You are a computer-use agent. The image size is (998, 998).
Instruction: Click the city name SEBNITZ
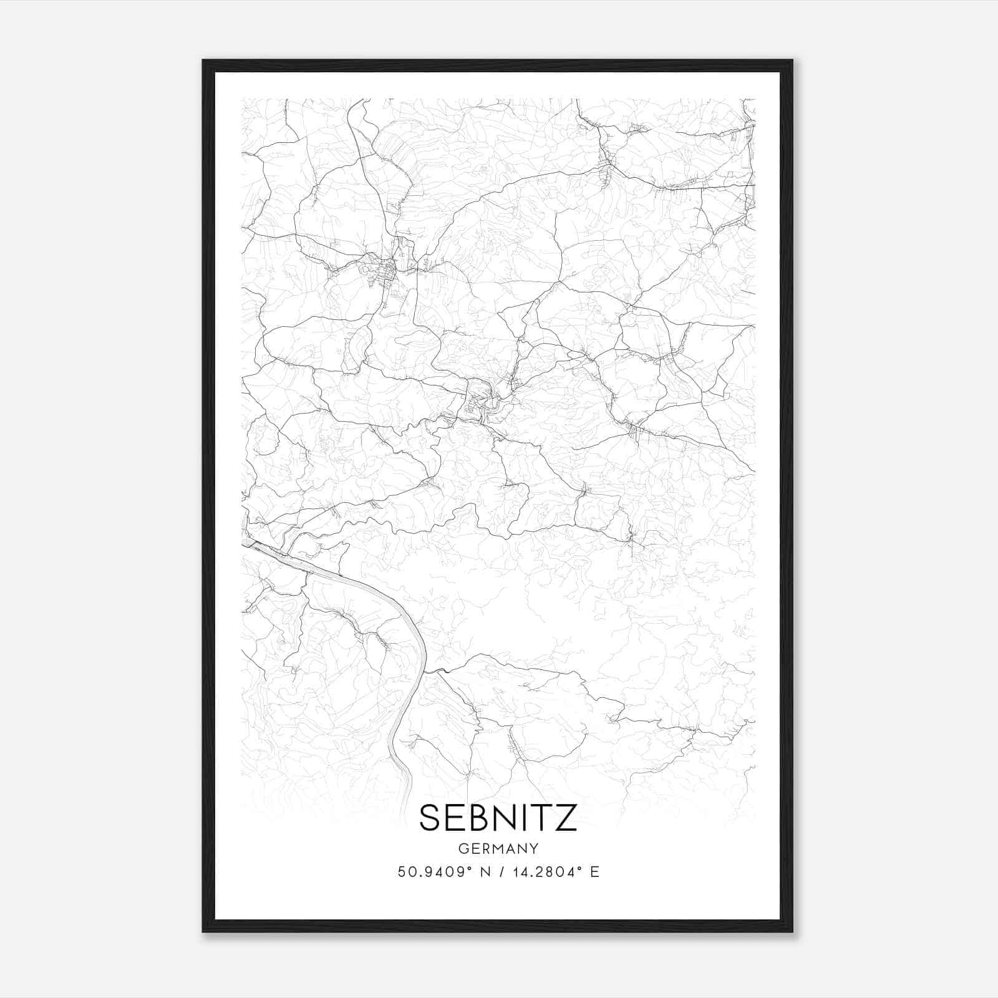tap(498, 818)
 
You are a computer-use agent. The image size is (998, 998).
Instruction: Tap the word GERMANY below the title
tap(498, 849)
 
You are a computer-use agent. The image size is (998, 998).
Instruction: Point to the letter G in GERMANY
tap(463, 849)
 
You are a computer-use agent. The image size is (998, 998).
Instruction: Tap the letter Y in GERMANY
tap(534, 849)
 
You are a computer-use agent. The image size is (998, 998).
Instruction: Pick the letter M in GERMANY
tap(498, 849)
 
